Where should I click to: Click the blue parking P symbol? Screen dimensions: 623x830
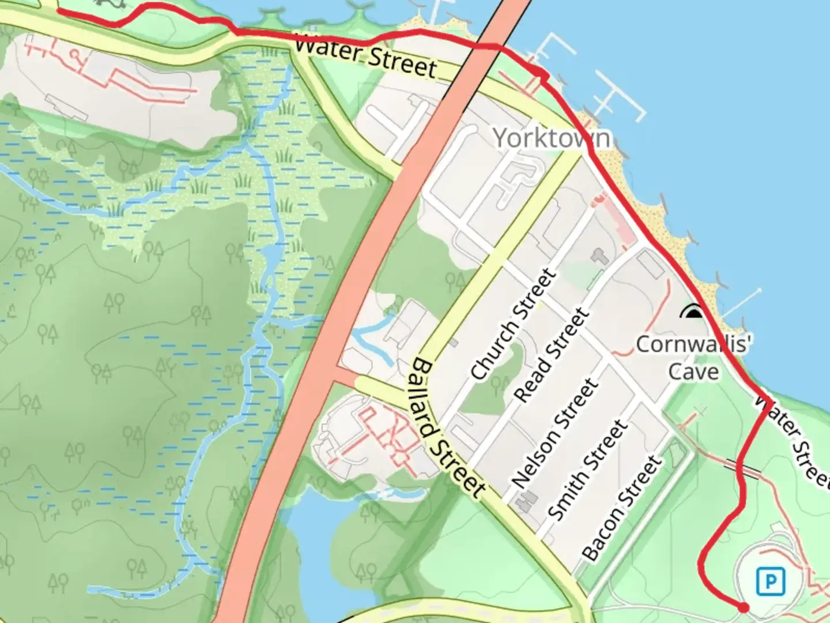click(771, 581)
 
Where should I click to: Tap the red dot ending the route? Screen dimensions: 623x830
click(744, 607)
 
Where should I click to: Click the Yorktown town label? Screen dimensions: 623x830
click(552, 138)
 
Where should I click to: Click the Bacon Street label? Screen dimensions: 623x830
click(621, 508)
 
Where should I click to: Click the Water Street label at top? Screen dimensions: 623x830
click(365, 57)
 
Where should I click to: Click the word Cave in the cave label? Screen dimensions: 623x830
click(693, 371)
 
